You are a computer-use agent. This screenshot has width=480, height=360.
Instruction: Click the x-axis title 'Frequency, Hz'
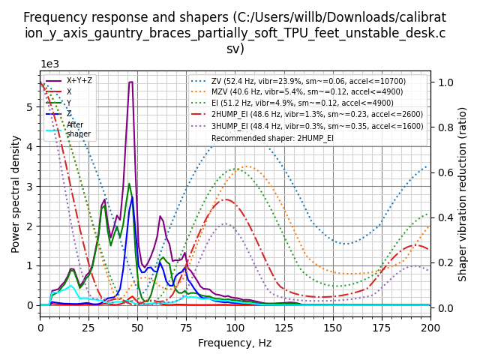pyautogui.click(x=235, y=343)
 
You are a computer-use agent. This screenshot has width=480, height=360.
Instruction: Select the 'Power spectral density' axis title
pyautogui.click(x=16, y=193)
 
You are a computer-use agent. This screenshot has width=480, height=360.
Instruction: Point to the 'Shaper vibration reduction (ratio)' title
pyautogui.click(x=463, y=193)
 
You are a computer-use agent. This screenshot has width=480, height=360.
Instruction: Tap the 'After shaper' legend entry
pyautogui.click(x=75, y=130)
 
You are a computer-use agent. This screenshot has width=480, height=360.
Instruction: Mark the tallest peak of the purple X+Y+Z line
pyautogui.click(x=131, y=82)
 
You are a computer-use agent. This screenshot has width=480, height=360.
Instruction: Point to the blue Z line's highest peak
pyautogui.click(x=133, y=196)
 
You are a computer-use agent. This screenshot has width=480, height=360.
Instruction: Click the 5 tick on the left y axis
pyautogui.click(x=30, y=107)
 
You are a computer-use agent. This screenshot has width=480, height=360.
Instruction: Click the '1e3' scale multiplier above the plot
pyautogui.click(x=49, y=64)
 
